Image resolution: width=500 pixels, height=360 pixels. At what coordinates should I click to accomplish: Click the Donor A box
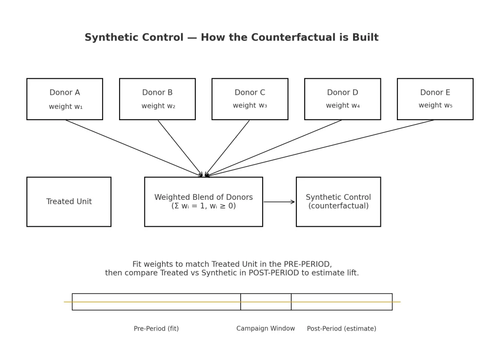pyautogui.click(x=64, y=99)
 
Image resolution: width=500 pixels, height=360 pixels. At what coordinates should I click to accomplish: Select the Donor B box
pyautogui.click(x=157, y=99)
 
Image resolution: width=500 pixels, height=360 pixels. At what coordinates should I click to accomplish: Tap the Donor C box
pyautogui.click(x=250, y=99)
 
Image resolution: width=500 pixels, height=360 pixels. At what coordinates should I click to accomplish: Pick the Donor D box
pyautogui.click(x=342, y=99)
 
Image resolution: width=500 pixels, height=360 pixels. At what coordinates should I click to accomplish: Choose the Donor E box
pyautogui.click(x=435, y=99)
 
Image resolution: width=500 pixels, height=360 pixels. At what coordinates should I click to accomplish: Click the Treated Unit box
pyautogui.click(x=69, y=202)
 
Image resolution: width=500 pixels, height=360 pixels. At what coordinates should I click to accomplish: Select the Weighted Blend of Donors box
pyautogui.click(x=204, y=202)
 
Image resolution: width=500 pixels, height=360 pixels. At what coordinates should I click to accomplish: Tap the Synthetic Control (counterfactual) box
pyautogui.click(x=338, y=202)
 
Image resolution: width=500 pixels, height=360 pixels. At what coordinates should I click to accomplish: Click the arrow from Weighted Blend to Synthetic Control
pyautogui.click(x=279, y=202)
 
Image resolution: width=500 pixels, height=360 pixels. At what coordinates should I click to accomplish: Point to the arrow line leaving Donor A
pyautogui.click(x=134, y=148)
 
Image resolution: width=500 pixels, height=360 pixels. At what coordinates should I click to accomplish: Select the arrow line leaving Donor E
pyautogui.click(x=320, y=148)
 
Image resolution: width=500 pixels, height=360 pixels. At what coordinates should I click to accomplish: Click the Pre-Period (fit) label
pyautogui.click(x=156, y=329)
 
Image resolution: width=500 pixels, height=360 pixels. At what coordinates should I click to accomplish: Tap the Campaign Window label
pyautogui.click(x=266, y=329)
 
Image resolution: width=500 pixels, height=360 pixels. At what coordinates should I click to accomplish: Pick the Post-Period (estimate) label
pyautogui.click(x=341, y=329)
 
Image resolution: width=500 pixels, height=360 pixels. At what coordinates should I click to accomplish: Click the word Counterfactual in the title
pyautogui.click(x=274, y=38)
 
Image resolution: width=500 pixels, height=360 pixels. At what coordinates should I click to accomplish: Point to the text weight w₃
pyautogui.click(x=250, y=106)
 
